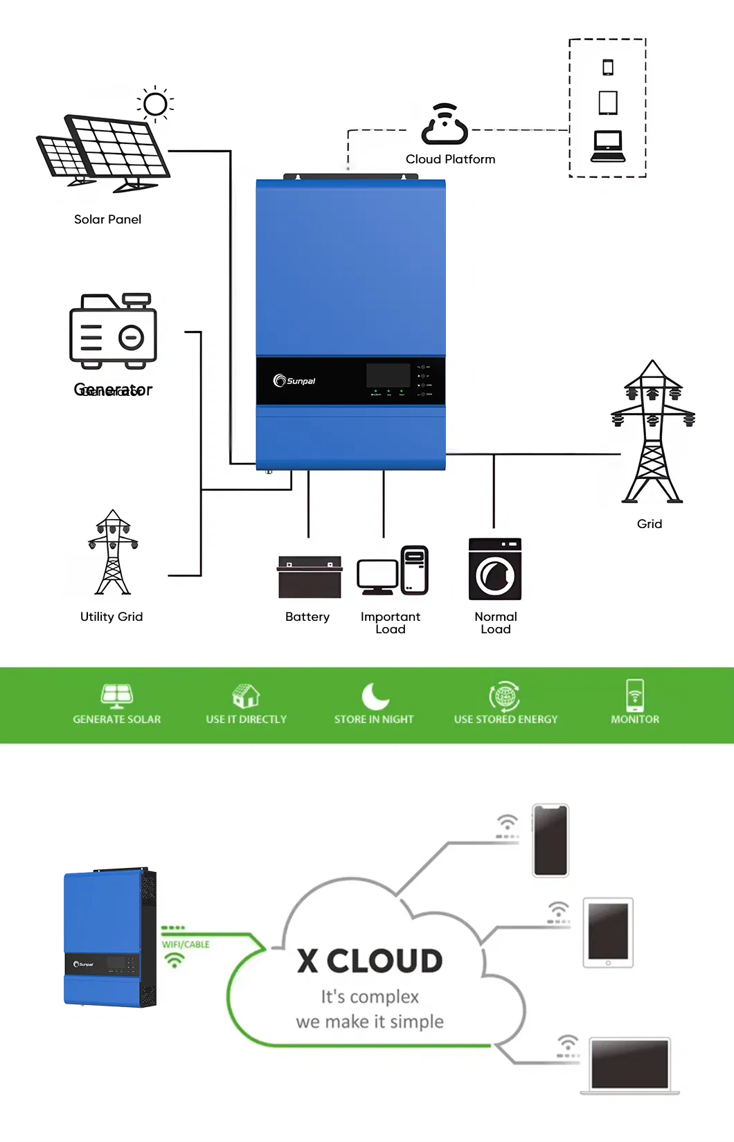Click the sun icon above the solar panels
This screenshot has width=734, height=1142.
(x=155, y=105)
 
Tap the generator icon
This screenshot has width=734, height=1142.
(x=113, y=331)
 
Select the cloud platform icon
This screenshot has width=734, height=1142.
(x=445, y=125)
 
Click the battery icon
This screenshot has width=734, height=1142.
(x=310, y=577)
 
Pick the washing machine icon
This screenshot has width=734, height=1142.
(x=494, y=569)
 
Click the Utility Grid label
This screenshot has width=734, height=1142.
(x=111, y=617)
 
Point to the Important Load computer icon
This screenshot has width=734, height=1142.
(x=393, y=570)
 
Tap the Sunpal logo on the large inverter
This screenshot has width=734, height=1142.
(x=295, y=381)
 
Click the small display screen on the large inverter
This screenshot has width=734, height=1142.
(x=388, y=375)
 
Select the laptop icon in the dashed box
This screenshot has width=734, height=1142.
(x=608, y=147)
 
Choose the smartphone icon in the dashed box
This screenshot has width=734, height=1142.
(x=608, y=67)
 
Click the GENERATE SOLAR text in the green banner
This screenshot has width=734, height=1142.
(x=117, y=720)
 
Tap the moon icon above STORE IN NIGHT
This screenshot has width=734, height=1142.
(x=375, y=696)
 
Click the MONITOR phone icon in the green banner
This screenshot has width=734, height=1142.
(x=635, y=696)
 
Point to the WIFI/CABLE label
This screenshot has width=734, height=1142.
(x=186, y=945)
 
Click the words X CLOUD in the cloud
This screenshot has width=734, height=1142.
(x=370, y=961)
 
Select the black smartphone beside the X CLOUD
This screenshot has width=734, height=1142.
(x=550, y=840)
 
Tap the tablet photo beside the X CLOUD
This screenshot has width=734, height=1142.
(x=608, y=932)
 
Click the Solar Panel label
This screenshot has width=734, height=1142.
(x=107, y=219)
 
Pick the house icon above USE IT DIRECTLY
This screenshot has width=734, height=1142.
(x=246, y=696)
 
